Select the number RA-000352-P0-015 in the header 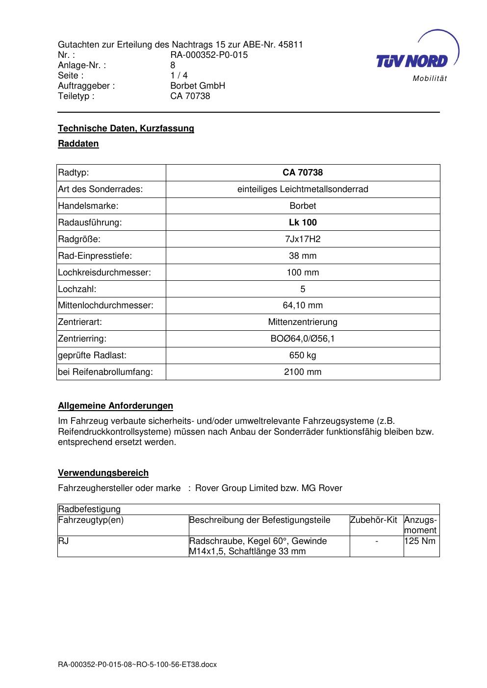[209, 55]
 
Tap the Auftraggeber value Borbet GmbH [198, 86]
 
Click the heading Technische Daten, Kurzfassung [126, 128]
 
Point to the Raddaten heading [78, 144]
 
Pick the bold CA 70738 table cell [303, 172]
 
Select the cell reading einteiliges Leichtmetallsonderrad [303, 189]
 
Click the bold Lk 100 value [303, 222]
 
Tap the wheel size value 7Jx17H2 [303, 239]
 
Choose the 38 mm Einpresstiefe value [303, 256]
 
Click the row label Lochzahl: [77, 289]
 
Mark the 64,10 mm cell [303, 305]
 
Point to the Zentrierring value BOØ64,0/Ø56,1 [303, 339]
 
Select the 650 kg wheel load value [303, 355]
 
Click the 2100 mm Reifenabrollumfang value [303, 372]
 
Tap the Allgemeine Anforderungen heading [116, 406]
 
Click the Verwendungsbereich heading [103, 473]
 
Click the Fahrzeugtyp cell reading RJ [63, 541]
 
